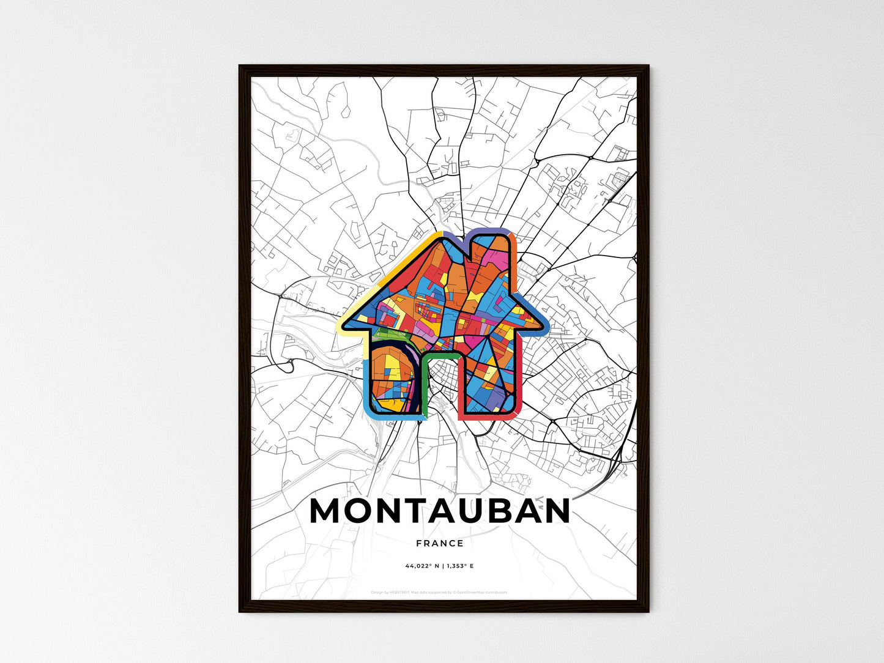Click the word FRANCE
click(x=439, y=543)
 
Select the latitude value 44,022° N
click(x=421, y=566)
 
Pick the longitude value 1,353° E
click(x=459, y=566)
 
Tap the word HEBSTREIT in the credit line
click(x=398, y=592)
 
